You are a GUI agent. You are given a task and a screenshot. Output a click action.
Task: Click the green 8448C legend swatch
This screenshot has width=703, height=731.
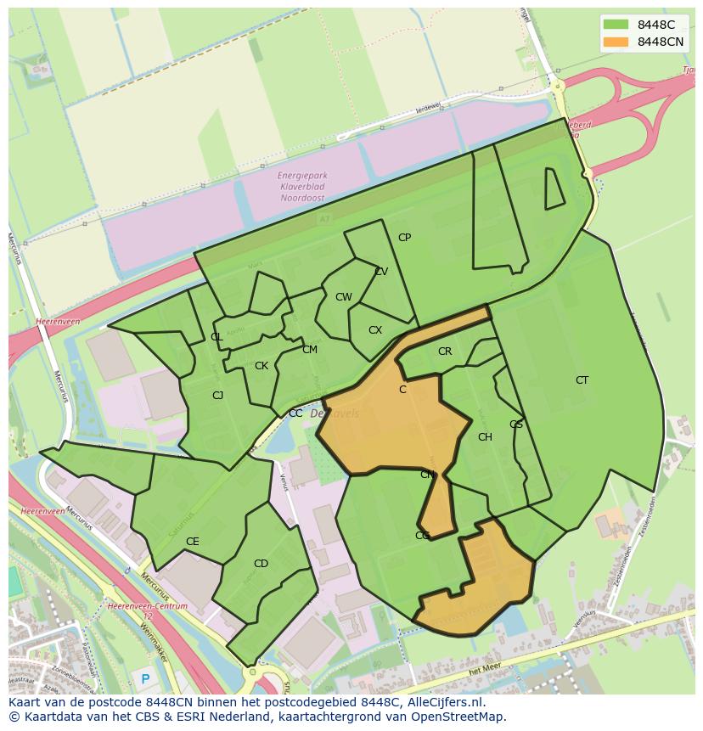coord(616,25)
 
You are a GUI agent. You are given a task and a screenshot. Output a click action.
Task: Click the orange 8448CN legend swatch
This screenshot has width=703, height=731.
coord(616,42)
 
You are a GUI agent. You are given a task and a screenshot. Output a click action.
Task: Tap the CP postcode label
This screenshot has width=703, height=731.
coord(404,238)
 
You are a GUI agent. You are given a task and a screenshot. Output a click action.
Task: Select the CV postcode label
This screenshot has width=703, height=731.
coord(381,272)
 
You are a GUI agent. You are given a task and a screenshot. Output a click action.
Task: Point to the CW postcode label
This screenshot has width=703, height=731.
coord(343,297)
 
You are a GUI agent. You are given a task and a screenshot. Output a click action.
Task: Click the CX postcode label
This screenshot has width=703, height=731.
coord(375,330)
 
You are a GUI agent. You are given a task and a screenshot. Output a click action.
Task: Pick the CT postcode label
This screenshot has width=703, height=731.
coord(582,380)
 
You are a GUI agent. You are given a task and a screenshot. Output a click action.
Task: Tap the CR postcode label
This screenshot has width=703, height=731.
coord(445,351)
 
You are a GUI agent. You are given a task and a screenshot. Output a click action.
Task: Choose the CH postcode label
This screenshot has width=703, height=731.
coord(485,437)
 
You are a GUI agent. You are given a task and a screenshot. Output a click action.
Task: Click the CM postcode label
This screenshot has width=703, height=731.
coord(310,350)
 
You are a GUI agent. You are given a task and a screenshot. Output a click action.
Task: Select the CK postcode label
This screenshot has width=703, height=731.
coord(262,366)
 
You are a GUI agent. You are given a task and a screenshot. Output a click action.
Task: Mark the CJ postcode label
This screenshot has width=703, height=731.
coord(217,395)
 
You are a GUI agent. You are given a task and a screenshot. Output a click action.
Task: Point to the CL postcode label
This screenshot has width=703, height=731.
coord(217,337)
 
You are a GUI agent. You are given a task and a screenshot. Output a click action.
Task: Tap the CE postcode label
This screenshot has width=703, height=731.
coord(192,542)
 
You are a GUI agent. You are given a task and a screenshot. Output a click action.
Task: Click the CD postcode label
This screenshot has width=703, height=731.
coord(261,564)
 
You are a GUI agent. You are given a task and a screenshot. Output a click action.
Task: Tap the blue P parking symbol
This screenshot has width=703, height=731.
coord(145,678)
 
